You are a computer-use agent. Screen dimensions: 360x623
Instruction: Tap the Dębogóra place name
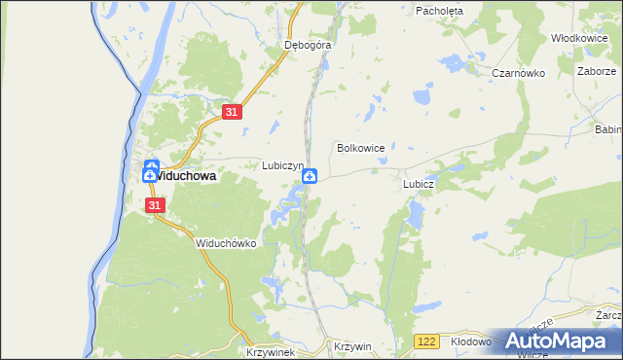tap(309, 45)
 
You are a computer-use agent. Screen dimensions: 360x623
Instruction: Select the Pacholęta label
tap(439, 11)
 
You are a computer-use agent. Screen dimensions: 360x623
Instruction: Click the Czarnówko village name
tap(516, 73)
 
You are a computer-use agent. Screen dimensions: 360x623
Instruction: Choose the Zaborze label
tap(596, 72)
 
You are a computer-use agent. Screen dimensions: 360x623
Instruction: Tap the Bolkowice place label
tap(360, 148)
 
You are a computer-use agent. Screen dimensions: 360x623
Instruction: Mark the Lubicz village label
tap(418, 183)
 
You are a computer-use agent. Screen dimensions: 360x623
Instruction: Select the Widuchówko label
tap(225, 243)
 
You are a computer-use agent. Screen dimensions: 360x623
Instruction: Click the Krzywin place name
tap(352, 346)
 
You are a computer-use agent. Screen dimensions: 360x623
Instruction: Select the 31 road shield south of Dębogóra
tap(231, 113)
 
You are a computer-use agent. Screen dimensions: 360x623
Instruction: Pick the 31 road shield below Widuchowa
tap(155, 205)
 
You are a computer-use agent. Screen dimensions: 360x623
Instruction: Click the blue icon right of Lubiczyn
tap(310, 176)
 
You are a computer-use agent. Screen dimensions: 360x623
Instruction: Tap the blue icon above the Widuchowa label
tap(152, 167)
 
